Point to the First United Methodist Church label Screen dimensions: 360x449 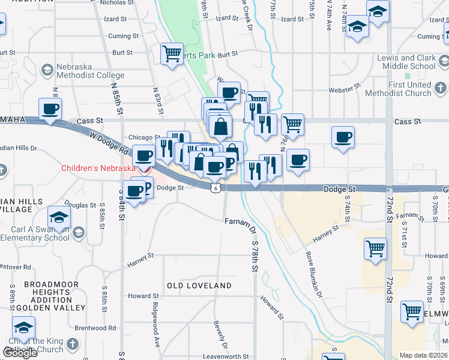pos(409,89)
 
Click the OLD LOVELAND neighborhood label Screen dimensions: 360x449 pos(199,286)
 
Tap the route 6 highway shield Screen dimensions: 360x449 pos(215,188)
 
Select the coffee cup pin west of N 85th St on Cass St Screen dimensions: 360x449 pos(50,109)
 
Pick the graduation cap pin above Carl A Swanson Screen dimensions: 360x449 pos(59,217)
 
